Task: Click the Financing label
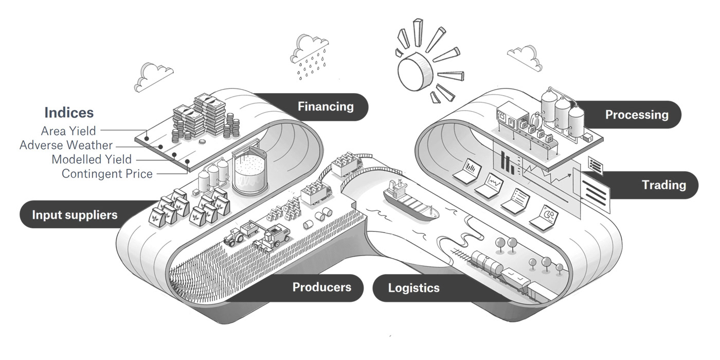point(326,106)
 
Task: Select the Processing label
point(636,114)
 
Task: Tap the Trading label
point(663,185)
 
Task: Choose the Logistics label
point(413,287)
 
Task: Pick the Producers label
point(321,286)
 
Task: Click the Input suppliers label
point(75,214)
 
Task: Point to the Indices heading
point(69,112)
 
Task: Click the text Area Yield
point(68,131)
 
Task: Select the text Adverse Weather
point(66,146)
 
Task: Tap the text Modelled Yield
point(92,159)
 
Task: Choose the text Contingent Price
point(107,174)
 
